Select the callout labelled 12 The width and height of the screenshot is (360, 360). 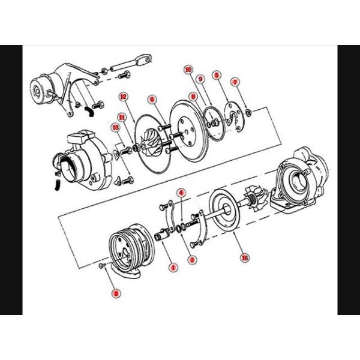pos(122,96)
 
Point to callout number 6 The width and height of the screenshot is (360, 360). pos(152,99)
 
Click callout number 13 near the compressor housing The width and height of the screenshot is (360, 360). pos(115,127)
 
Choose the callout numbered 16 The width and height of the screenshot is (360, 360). pos(244,259)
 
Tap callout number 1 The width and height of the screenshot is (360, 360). pos(173,266)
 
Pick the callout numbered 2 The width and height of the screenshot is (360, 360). pos(192,259)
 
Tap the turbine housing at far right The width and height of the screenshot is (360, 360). pos(300,183)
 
